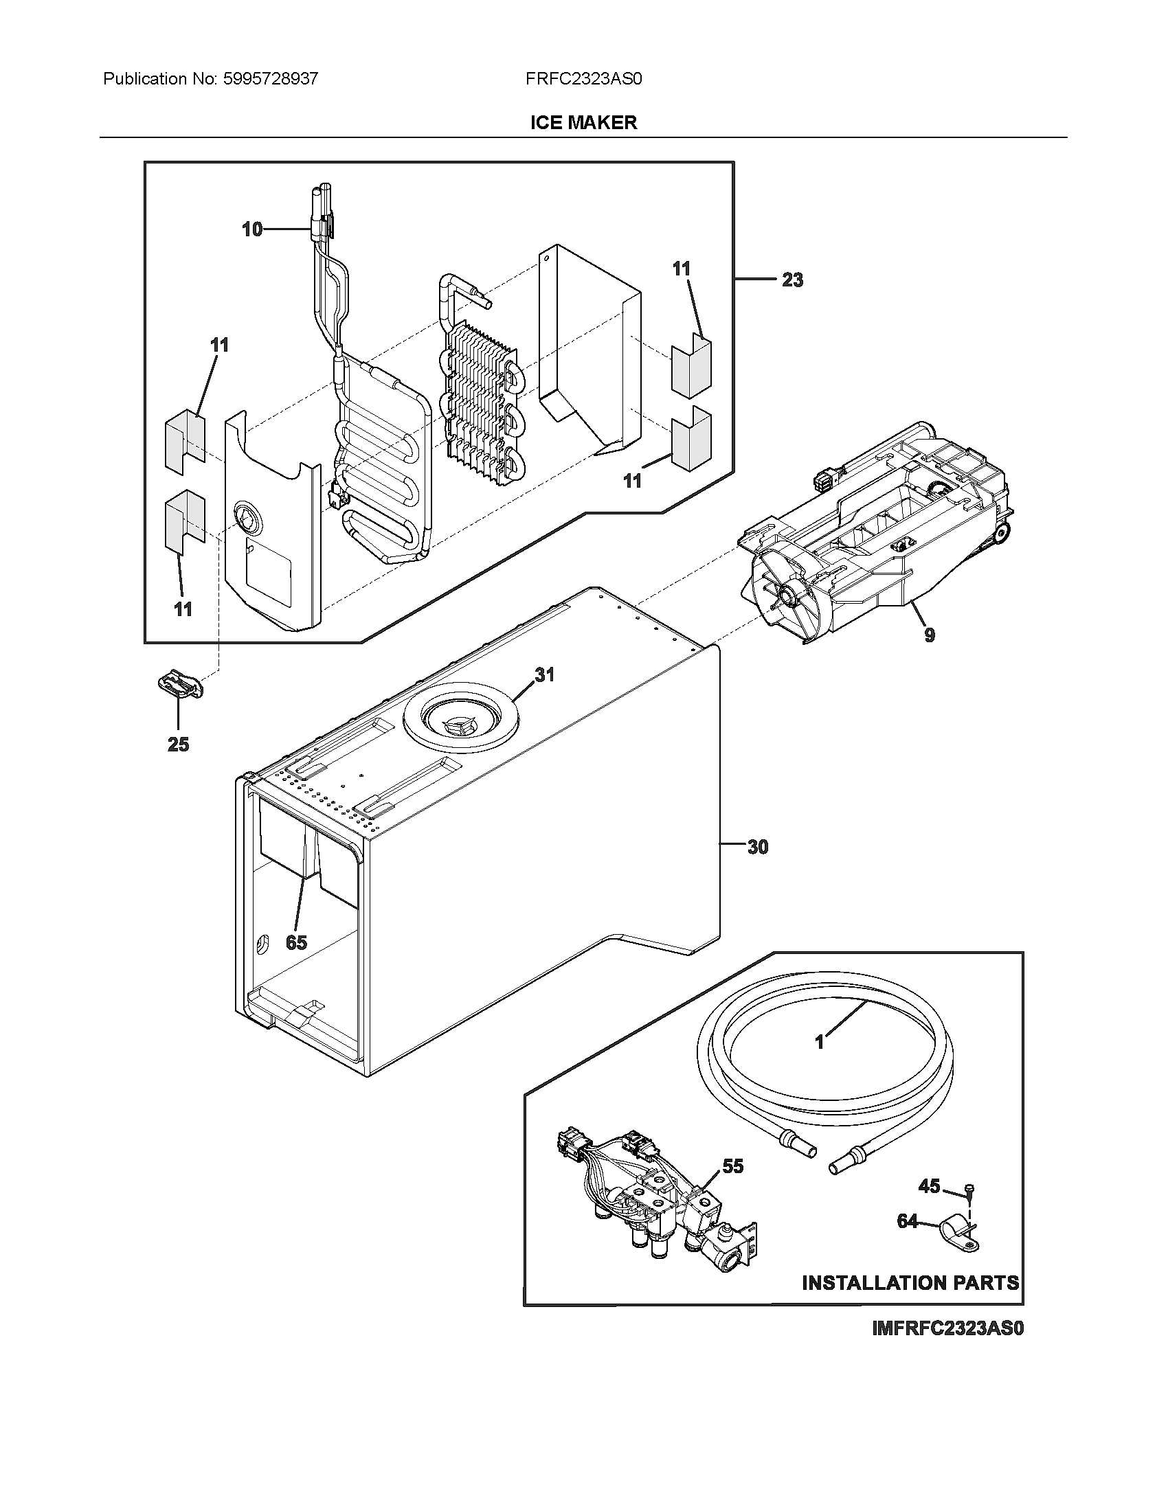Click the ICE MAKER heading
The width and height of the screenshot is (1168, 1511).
pyautogui.click(x=583, y=122)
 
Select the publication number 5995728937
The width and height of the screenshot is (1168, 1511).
pyautogui.click(x=271, y=79)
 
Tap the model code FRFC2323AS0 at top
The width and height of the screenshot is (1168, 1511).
pyautogui.click(x=583, y=79)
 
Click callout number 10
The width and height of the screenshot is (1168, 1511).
pyautogui.click(x=252, y=229)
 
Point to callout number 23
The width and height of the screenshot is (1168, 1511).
pyautogui.click(x=792, y=280)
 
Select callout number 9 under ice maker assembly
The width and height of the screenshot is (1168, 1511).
pyautogui.click(x=930, y=635)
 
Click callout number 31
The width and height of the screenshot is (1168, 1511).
pyautogui.click(x=545, y=674)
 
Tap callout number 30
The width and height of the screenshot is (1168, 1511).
pyautogui.click(x=758, y=848)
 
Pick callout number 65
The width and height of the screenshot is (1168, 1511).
pyautogui.click(x=296, y=942)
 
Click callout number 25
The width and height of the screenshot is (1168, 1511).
pyautogui.click(x=178, y=745)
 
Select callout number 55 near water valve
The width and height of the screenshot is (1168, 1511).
pyautogui.click(x=733, y=1166)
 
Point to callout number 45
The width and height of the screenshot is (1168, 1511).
pyautogui.click(x=929, y=1187)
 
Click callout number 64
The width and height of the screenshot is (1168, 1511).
pyautogui.click(x=907, y=1222)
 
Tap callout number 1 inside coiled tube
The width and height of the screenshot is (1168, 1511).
pyautogui.click(x=819, y=1042)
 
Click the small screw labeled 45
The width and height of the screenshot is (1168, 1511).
pyautogui.click(x=968, y=1190)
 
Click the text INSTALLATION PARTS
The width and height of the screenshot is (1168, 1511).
pyautogui.click(x=910, y=1284)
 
